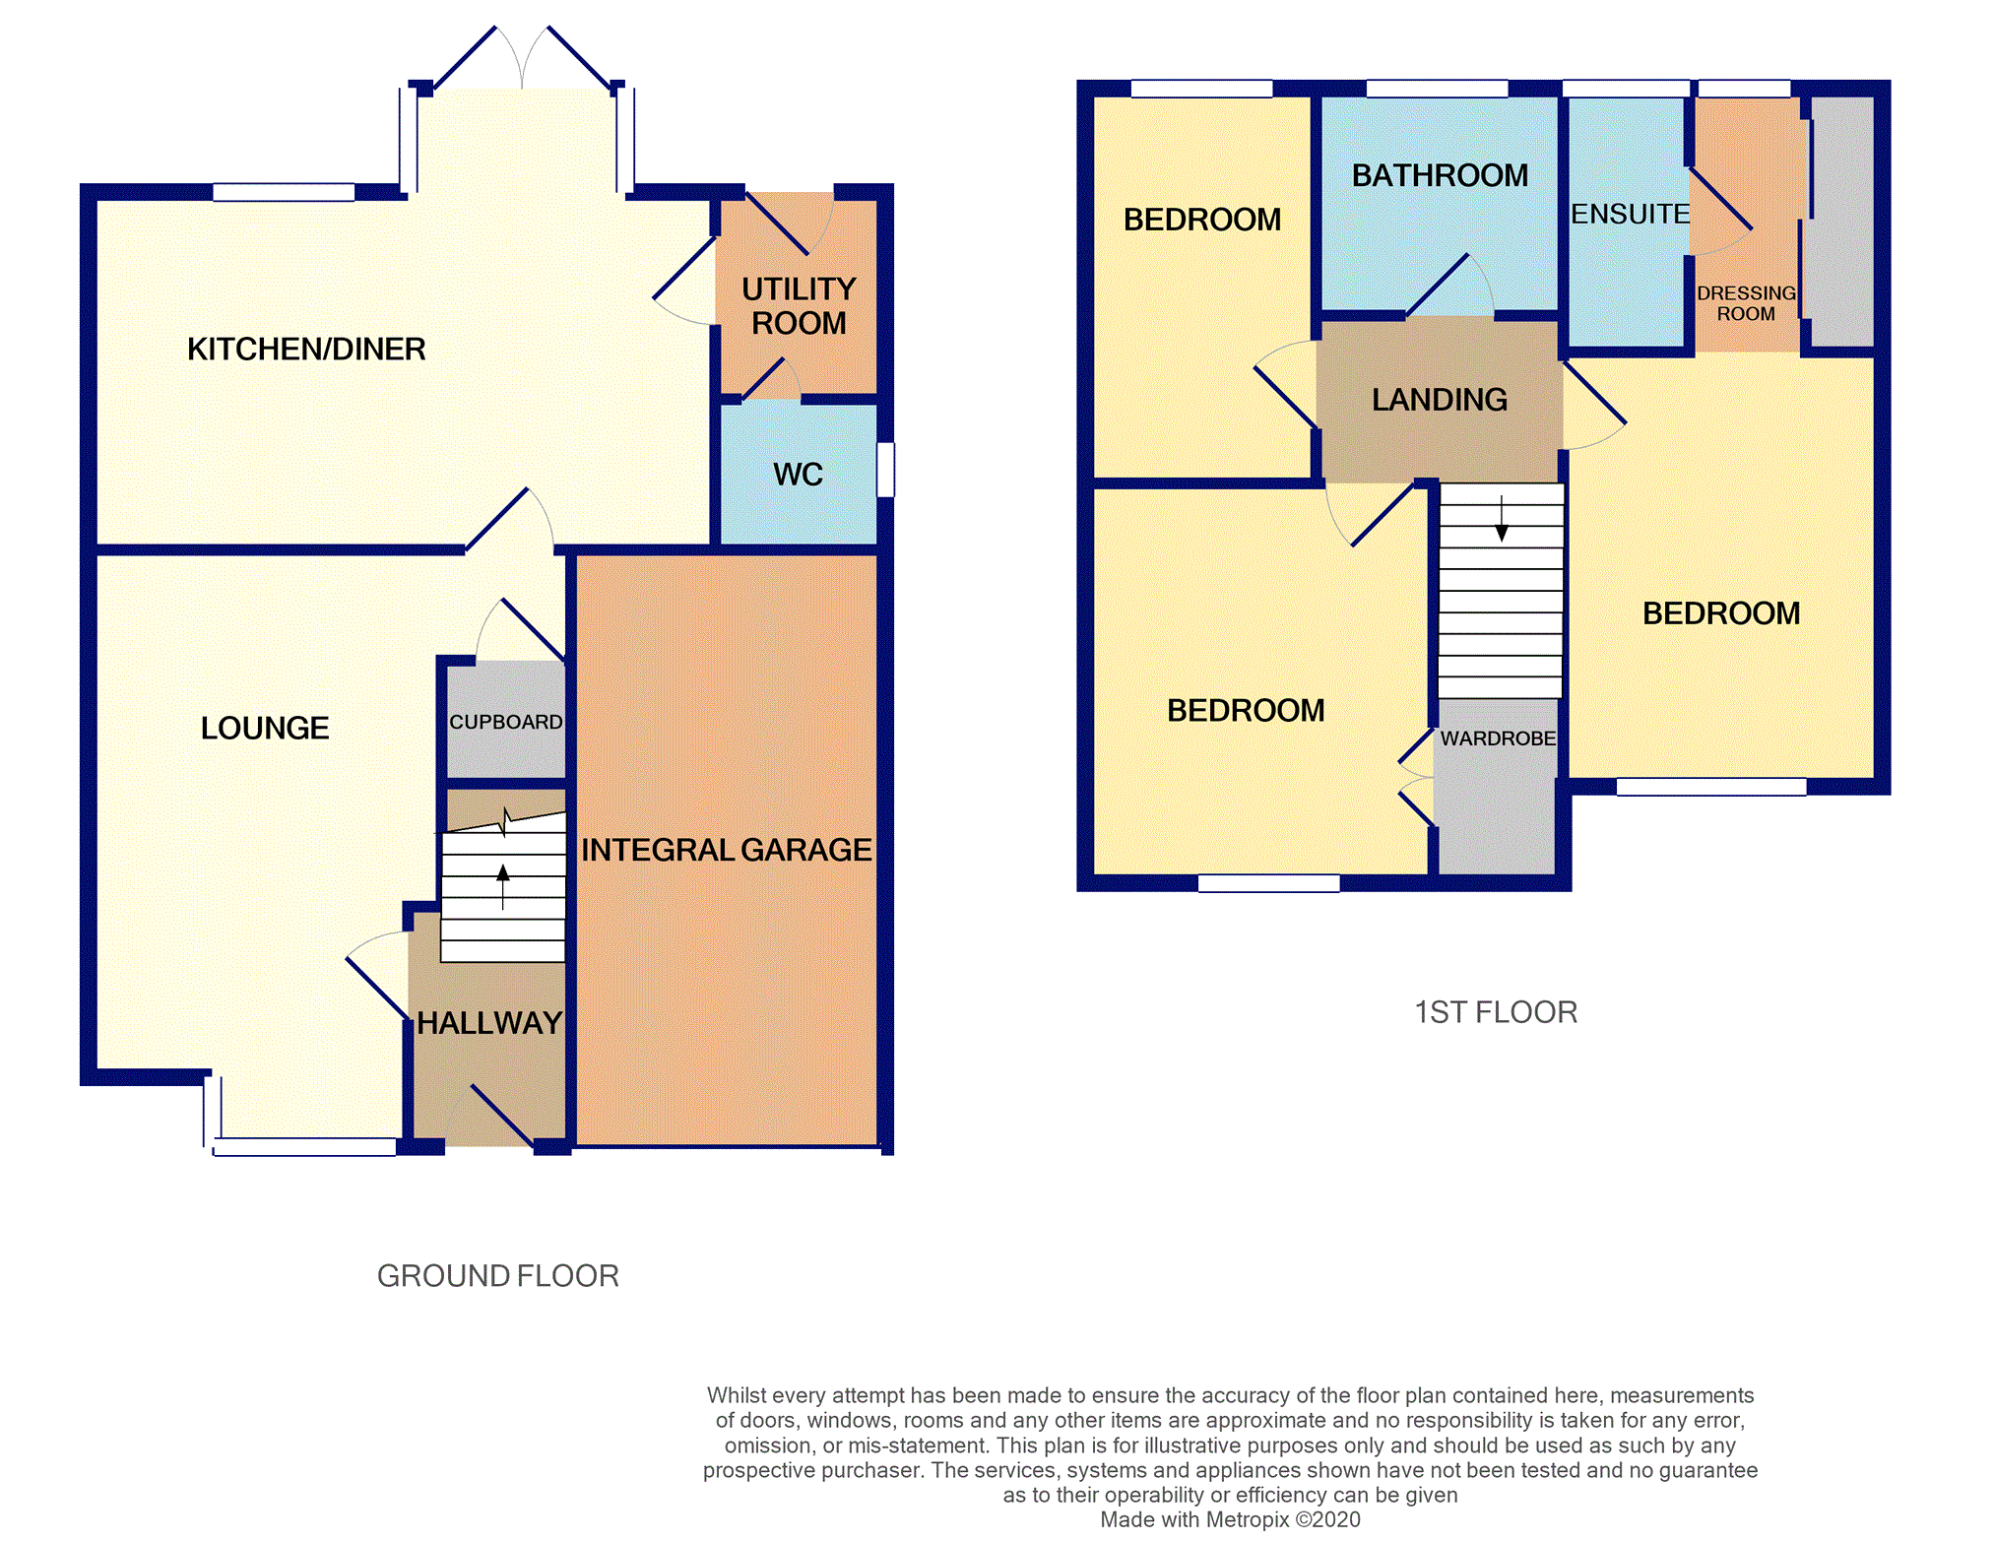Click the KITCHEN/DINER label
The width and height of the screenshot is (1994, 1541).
[x=306, y=349]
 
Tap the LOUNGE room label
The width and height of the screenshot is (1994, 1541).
[x=265, y=728]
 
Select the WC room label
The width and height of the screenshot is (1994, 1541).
[x=798, y=474]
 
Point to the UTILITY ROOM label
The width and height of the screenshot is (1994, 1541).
[x=799, y=305]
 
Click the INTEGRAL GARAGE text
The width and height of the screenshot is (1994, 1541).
[x=727, y=850]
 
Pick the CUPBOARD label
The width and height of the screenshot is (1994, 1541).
[x=506, y=722]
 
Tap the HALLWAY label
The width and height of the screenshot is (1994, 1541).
[x=489, y=1023]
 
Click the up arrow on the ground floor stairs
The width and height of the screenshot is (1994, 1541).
[x=503, y=886]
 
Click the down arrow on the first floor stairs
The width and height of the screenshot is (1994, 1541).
[x=1502, y=519]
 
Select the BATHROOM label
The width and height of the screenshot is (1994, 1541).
[x=1440, y=175]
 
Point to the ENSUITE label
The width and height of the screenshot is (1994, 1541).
[x=1630, y=214]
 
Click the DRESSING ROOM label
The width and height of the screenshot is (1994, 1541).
[x=1746, y=303]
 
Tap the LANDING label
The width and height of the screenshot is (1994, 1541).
[x=1440, y=399]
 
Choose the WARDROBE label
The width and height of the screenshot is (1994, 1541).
[x=1498, y=738]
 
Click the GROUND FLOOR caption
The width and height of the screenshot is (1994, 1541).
[x=498, y=1276]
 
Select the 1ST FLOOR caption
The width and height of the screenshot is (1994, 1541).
[x=1496, y=1012]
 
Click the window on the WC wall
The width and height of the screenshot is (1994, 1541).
[x=885, y=470]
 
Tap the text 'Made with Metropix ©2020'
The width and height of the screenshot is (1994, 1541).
[x=1230, y=1519]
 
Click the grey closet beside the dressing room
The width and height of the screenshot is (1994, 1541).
[x=1842, y=222]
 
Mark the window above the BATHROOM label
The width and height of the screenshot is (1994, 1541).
[x=1438, y=89]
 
